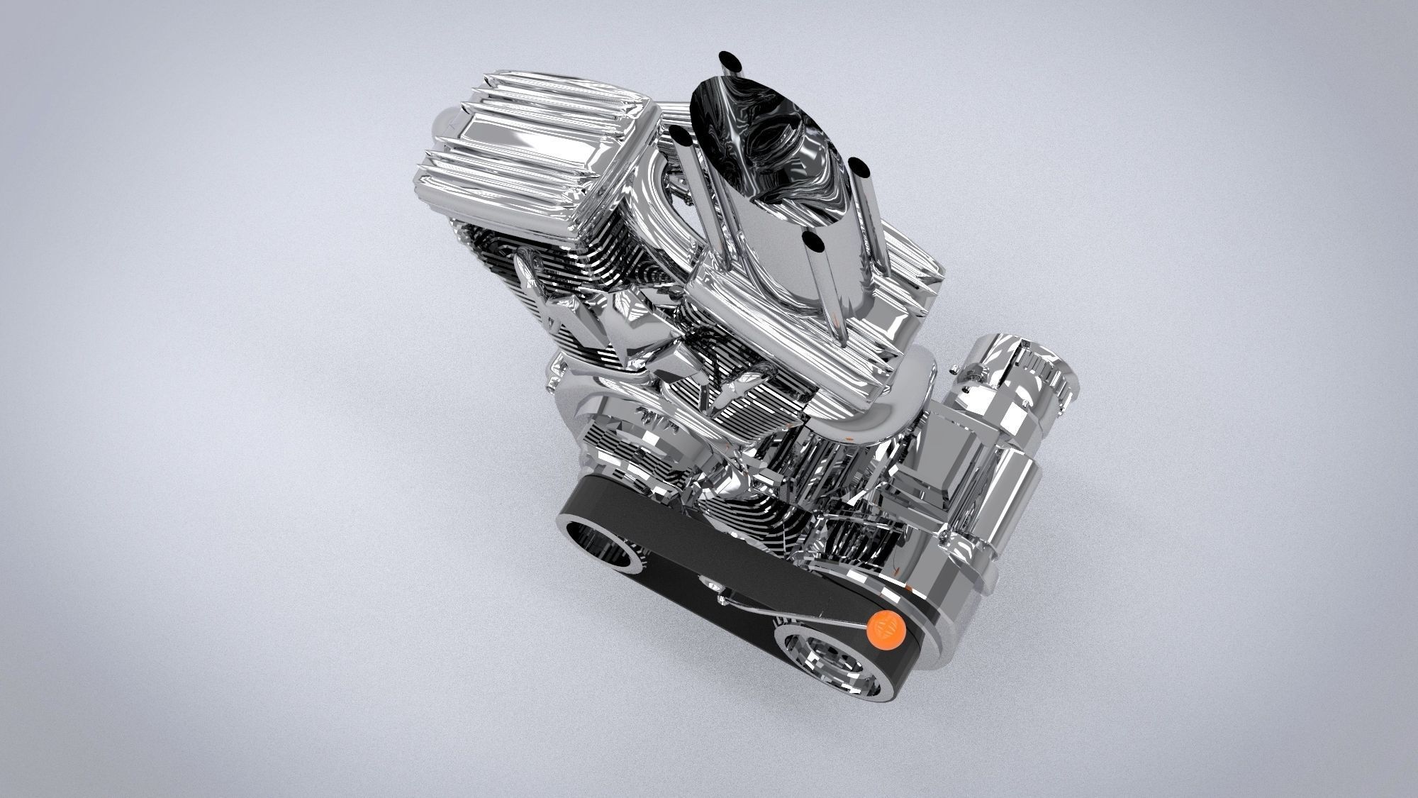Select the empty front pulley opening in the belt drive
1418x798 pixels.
coord(608,543)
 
